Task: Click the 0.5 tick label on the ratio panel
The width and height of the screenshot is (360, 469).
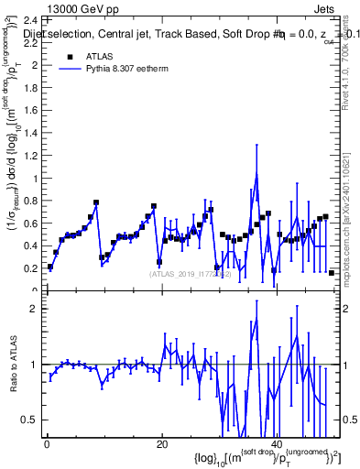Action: [x=29, y=420]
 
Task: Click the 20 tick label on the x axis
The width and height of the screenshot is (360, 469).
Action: [x=161, y=444]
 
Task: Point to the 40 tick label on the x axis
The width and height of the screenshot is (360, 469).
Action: [x=277, y=444]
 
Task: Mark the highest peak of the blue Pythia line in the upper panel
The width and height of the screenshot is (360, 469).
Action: [x=257, y=174]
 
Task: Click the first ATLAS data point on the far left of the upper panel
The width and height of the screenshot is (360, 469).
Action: [x=50, y=267]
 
